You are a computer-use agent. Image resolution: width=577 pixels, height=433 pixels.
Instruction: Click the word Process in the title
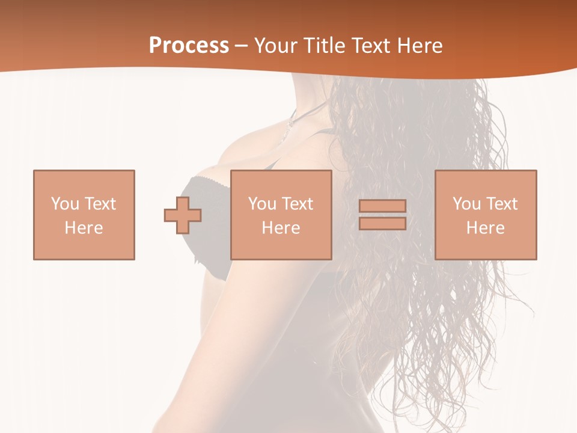189,46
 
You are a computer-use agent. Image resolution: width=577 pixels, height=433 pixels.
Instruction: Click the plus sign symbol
183,215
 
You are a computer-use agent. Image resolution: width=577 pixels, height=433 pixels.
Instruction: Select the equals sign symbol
382,215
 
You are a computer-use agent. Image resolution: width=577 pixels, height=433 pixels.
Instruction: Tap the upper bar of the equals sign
382,206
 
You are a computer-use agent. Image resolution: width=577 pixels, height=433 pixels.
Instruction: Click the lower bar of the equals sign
382,223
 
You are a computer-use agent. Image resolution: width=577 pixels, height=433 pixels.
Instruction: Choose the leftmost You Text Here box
84,215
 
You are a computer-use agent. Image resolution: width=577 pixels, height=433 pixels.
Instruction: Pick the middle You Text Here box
281,215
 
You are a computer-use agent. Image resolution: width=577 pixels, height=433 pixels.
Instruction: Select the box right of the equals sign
486,215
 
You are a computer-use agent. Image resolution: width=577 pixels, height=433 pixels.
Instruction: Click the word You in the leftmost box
64,204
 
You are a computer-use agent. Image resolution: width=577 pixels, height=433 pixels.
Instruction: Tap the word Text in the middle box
296,204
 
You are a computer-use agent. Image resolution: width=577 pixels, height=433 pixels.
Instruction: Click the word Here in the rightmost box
486,228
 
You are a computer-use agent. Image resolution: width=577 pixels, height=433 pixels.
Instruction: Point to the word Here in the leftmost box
84,228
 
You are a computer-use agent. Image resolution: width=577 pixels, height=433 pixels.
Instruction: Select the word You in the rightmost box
466,204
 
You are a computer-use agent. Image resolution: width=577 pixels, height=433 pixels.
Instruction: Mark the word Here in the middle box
281,228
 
